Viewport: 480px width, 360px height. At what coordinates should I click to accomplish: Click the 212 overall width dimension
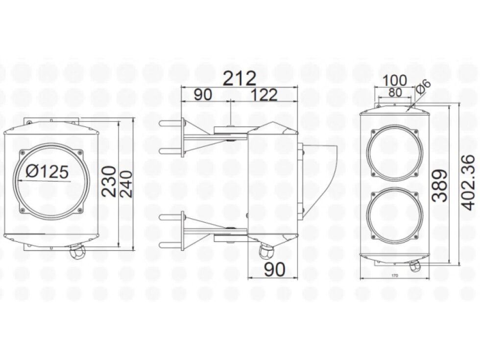(x=240, y=78)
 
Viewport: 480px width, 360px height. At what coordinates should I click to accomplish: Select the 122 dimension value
(x=265, y=95)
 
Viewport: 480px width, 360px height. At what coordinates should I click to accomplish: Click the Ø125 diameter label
(x=47, y=171)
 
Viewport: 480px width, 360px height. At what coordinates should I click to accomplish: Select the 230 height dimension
(x=109, y=181)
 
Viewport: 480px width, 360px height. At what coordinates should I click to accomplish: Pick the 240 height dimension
(x=125, y=183)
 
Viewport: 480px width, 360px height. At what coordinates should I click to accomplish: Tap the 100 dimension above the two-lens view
(x=395, y=80)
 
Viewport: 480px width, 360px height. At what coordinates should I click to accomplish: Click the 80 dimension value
(x=394, y=92)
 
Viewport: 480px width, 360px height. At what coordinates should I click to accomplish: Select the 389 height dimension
(x=439, y=186)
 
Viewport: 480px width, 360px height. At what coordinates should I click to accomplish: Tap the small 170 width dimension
(x=395, y=276)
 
